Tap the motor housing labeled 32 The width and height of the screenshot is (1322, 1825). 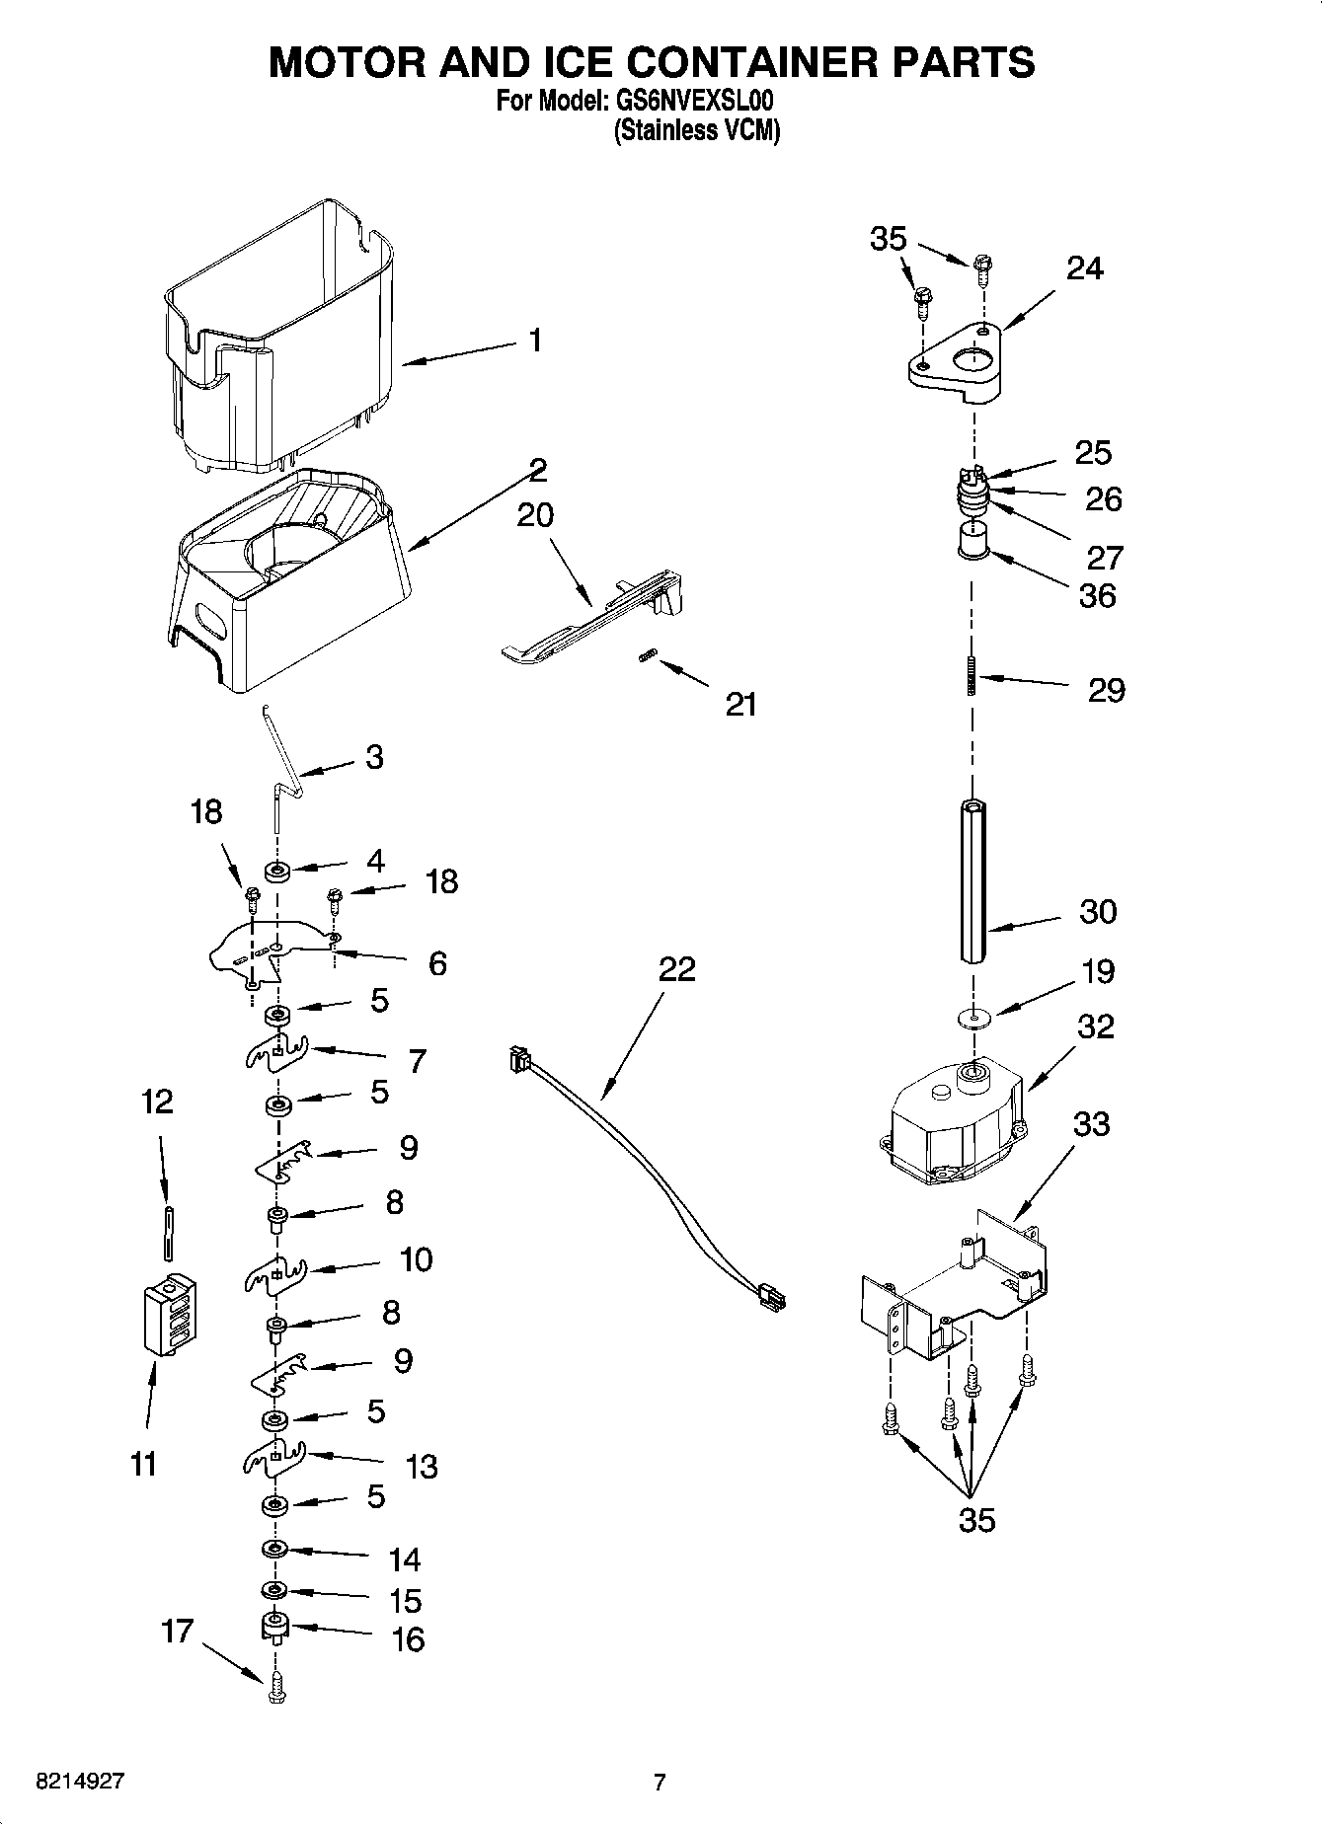coord(953,1125)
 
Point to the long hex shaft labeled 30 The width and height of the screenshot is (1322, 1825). coord(972,883)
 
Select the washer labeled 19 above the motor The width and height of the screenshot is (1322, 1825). coord(972,1016)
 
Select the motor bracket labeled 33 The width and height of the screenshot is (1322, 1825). coord(953,1283)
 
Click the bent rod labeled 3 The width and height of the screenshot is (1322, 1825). coord(282,765)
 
